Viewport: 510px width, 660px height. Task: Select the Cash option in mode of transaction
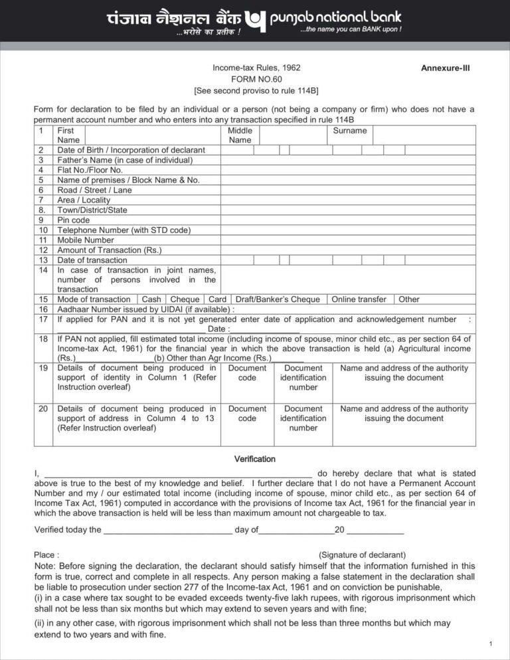[x=151, y=299]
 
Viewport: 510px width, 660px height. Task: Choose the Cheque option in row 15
[x=184, y=299]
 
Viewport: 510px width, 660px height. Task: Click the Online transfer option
[x=359, y=299]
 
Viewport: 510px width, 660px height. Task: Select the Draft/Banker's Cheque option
[x=278, y=299]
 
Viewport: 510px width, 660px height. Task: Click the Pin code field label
[x=73, y=220]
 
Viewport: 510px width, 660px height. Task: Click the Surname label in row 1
[x=350, y=131]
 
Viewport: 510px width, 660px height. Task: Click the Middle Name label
[x=240, y=135]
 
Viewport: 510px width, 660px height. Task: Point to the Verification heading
[x=254, y=459]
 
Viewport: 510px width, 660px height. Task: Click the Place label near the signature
[x=46, y=554]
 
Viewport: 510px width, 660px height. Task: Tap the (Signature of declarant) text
[x=363, y=554]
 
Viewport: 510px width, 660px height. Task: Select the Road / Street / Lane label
[x=94, y=190]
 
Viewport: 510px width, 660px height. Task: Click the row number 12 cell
[x=43, y=250]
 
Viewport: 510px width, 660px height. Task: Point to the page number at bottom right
[x=490, y=645]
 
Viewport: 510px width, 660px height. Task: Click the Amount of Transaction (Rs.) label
[x=110, y=250]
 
